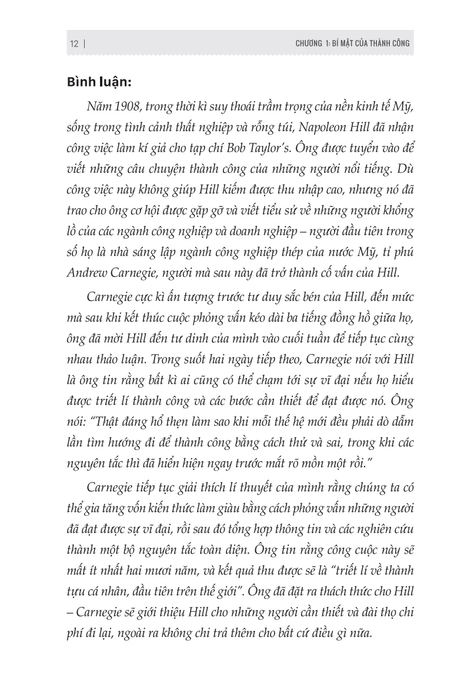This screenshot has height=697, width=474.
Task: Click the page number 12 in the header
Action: pos(74,44)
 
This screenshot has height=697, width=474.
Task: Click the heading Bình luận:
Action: pos(102,82)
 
